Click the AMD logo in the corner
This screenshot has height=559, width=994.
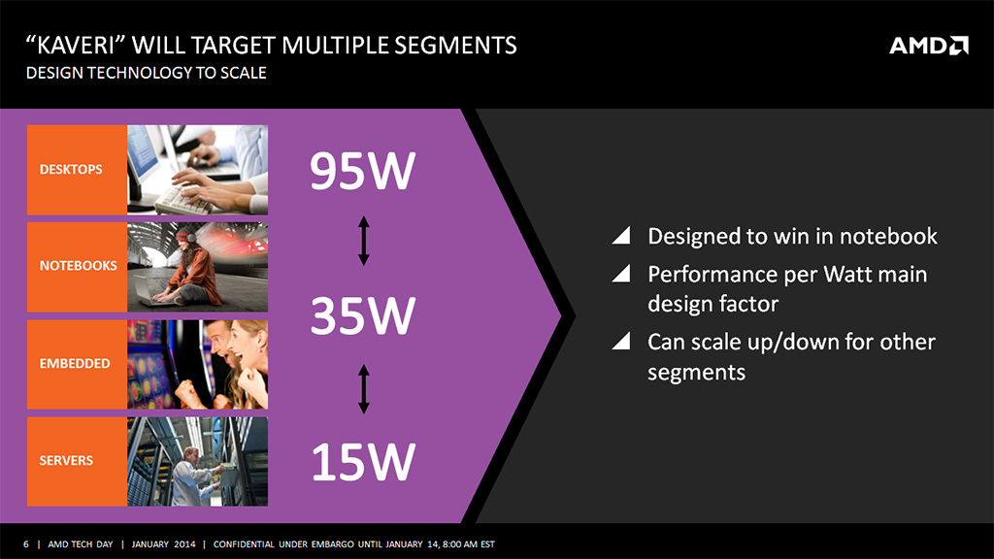point(929,46)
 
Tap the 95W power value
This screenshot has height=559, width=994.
point(363,171)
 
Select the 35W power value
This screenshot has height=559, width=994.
point(363,315)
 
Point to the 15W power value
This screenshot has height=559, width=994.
point(363,461)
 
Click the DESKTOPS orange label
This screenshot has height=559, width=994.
point(77,170)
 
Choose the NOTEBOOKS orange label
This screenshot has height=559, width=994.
point(77,266)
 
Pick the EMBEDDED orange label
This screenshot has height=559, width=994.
point(77,364)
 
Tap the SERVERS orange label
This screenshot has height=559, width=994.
point(77,461)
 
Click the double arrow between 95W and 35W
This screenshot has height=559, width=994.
point(363,241)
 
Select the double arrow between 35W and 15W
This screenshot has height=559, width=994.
point(363,388)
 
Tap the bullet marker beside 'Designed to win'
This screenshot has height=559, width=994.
point(622,235)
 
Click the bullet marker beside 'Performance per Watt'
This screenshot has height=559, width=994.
point(622,273)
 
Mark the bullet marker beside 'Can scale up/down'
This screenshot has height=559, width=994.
point(622,341)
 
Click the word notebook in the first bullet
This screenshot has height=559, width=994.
point(888,237)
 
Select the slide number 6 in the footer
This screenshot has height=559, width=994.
point(26,543)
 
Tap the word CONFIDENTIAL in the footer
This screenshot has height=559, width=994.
point(243,543)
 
